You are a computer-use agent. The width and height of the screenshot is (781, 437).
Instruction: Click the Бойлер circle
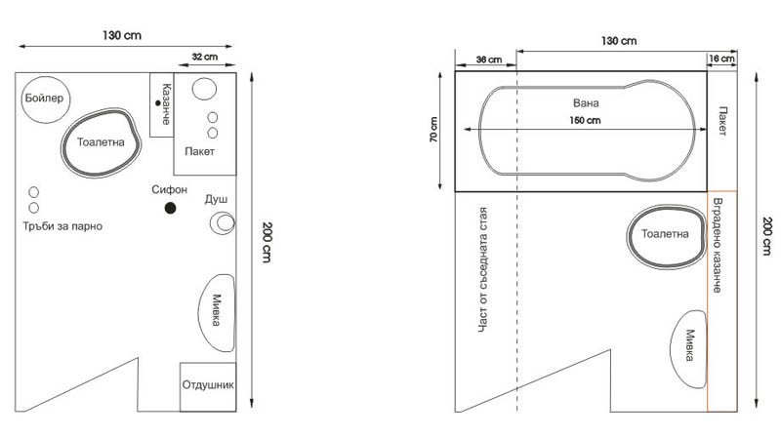click(x=43, y=100)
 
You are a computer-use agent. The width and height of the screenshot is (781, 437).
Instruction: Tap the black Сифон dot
click(x=170, y=208)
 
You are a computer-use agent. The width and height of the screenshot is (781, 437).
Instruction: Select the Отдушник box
click(x=208, y=385)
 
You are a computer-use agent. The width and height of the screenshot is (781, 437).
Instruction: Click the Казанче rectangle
click(x=162, y=104)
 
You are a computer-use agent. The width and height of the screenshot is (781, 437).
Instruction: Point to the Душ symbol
click(x=224, y=223)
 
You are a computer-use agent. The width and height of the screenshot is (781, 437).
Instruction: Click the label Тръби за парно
click(x=62, y=226)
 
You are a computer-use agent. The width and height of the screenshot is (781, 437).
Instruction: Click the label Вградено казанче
click(x=718, y=244)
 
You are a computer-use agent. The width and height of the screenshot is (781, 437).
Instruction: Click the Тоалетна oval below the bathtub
click(x=665, y=235)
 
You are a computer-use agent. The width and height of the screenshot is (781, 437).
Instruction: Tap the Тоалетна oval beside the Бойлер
click(x=102, y=143)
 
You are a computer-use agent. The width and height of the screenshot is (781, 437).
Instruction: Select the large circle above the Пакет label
click(x=205, y=91)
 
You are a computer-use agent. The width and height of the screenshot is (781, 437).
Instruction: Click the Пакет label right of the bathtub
click(x=722, y=122)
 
